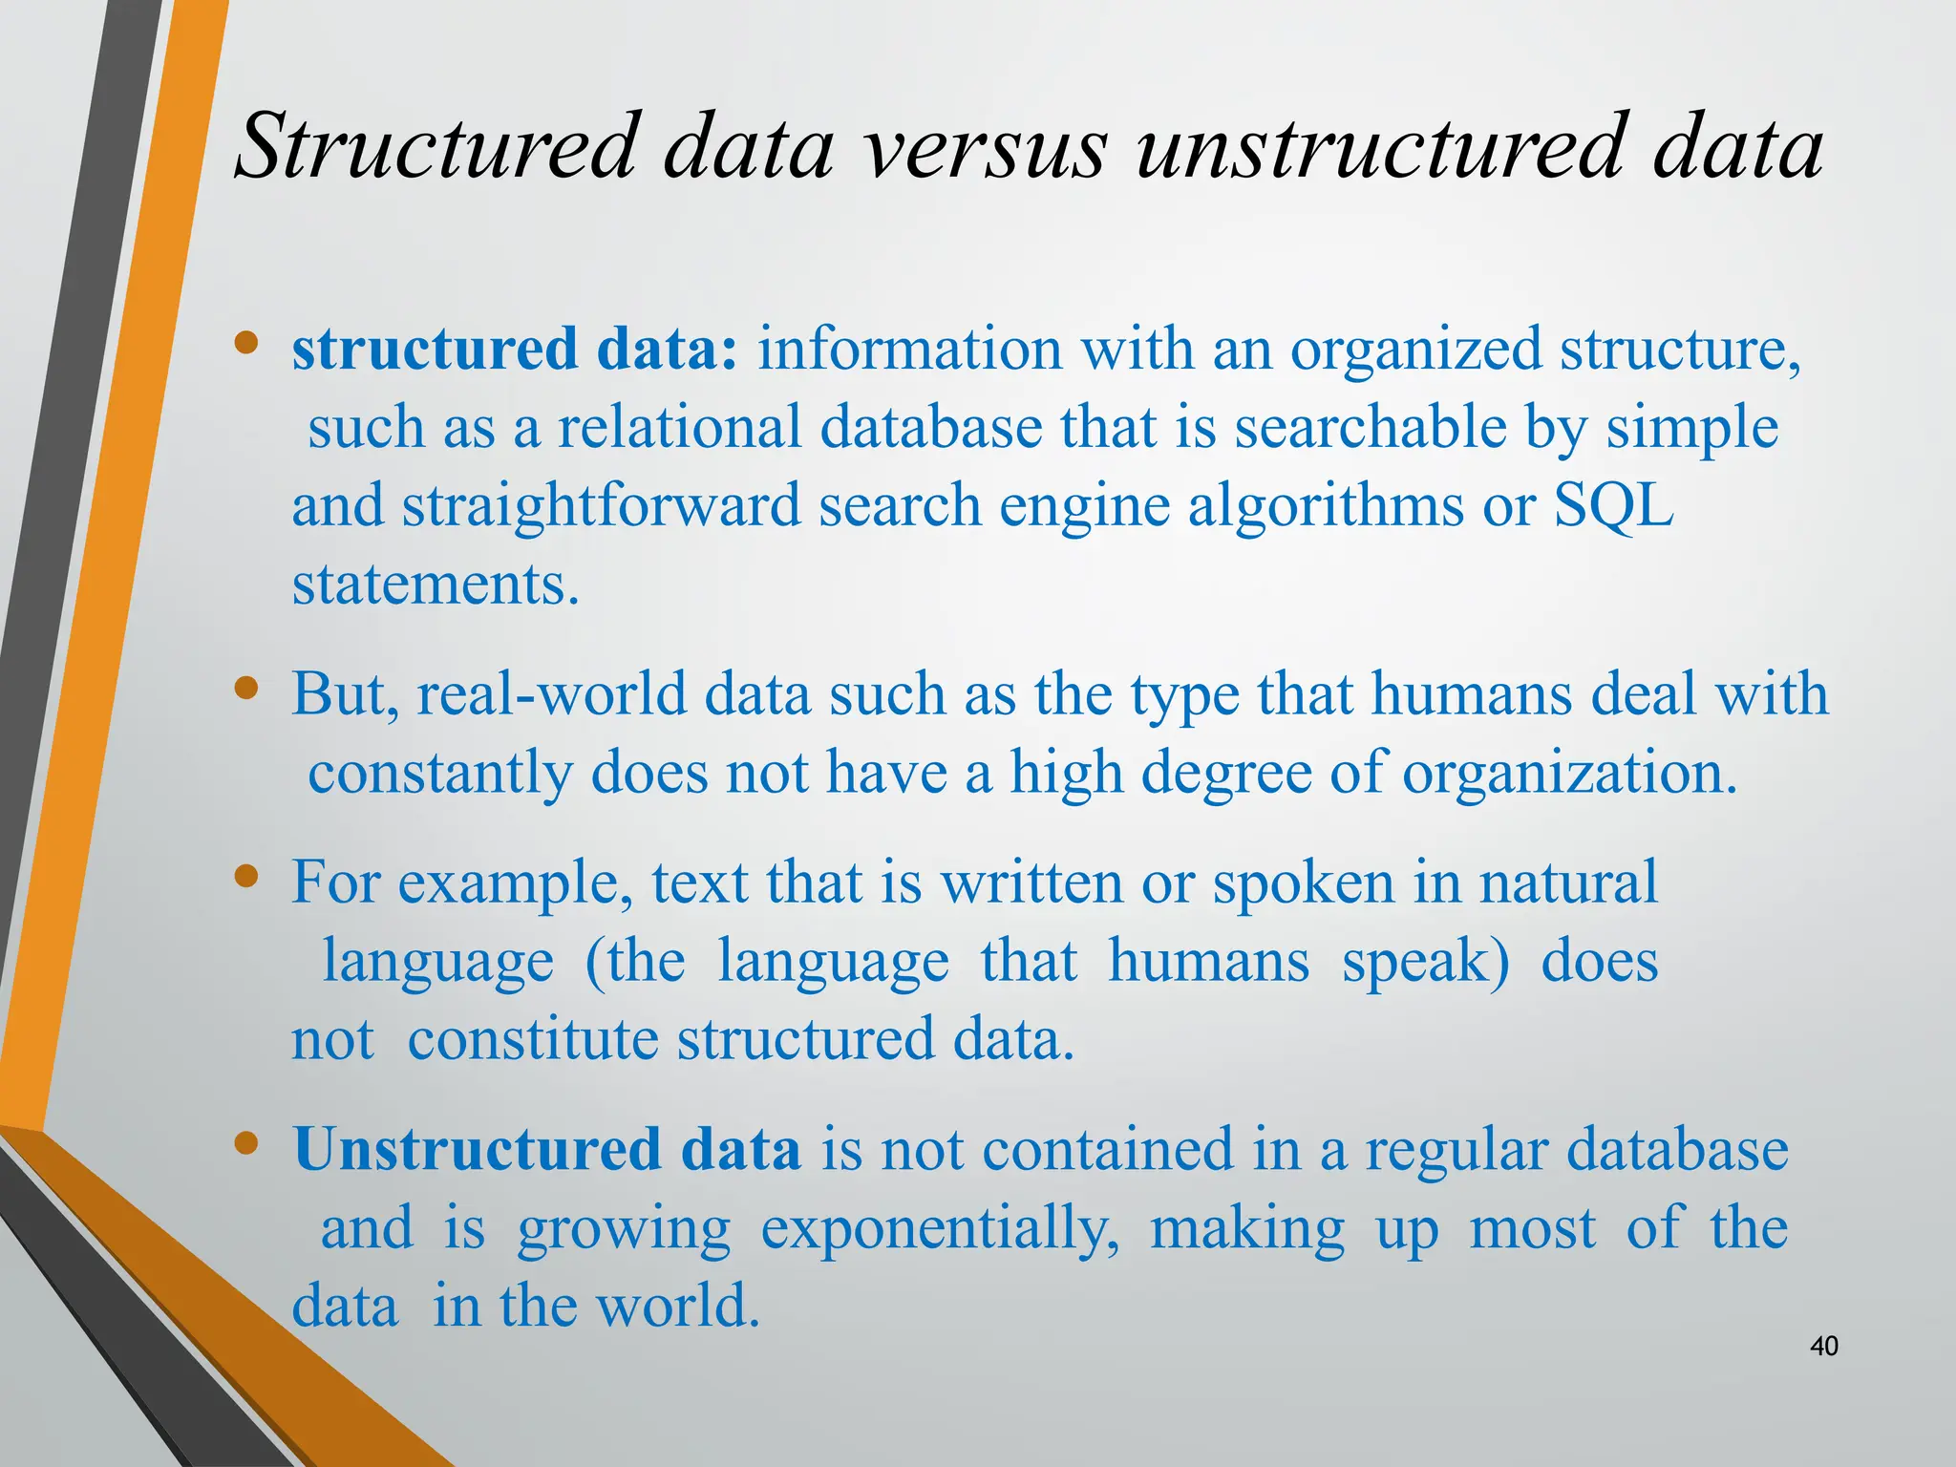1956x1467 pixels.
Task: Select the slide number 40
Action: (1823, 1347)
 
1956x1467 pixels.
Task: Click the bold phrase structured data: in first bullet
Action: (515, 349)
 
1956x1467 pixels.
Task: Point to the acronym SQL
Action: (1613, 505)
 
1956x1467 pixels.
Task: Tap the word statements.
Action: (436, 584)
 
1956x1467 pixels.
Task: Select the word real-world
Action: (551, 694)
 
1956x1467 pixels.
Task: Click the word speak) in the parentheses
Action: (1426, 961)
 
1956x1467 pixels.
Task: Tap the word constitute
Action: (533, 1039)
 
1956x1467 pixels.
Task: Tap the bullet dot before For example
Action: (246, 876)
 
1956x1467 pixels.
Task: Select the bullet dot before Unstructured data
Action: (246, 1143)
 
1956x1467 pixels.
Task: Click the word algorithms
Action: (1326, 505)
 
